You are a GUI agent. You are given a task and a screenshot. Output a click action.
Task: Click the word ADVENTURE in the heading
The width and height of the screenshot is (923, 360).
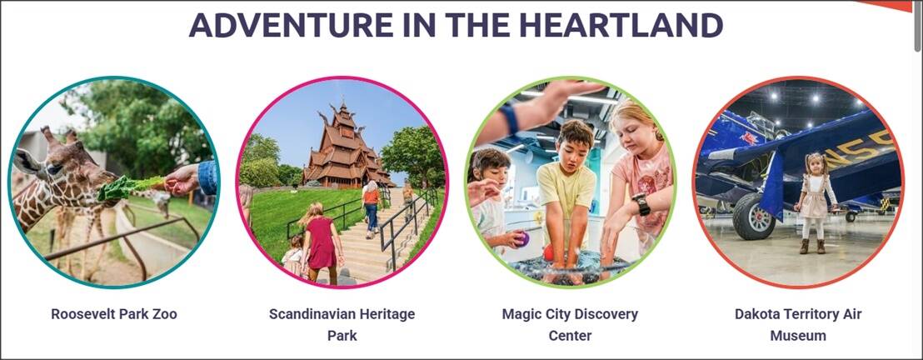[x=292, y=25]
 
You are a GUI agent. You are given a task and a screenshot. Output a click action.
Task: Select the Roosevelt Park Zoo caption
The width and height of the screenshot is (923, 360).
[x=114, y=314]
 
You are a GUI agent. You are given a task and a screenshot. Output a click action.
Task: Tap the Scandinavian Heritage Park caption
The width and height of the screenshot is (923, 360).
[x=342, y=325]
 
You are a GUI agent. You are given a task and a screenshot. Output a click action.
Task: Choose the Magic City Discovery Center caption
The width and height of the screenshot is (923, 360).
[x=570, y=325]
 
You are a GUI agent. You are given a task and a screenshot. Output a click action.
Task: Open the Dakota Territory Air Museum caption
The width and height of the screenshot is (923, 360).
[x=798, y=325]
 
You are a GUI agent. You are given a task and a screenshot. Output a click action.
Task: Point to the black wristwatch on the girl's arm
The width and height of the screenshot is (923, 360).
[x=641, y=204]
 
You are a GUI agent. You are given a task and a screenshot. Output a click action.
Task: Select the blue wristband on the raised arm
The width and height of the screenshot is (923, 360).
[x=510, y=120]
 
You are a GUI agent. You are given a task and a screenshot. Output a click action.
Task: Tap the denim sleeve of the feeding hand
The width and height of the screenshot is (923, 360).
[x=207, y=177]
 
